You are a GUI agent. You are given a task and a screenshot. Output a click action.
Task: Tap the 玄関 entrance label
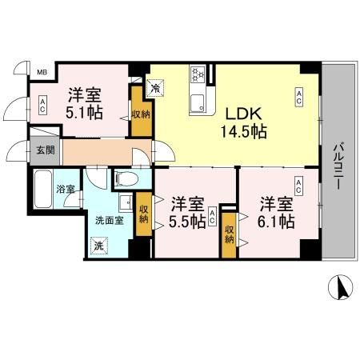(42, 150)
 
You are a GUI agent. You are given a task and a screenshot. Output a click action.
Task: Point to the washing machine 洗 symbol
(98, 246)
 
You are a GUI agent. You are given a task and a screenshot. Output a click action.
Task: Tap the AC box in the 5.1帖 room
(43, 104)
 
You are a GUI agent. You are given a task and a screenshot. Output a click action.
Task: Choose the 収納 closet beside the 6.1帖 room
(230, 234)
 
